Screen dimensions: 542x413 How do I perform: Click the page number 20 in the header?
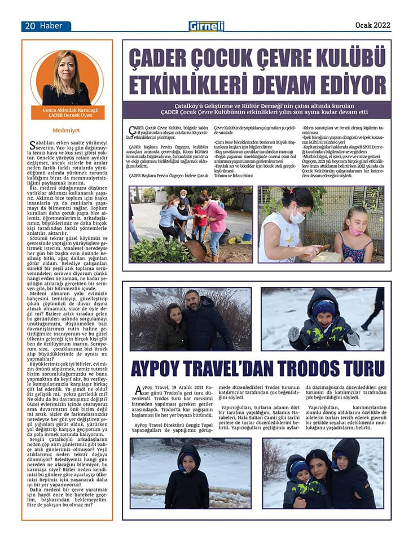click(x=29, y=26)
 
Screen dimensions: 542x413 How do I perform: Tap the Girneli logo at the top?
click(x=206, y=26)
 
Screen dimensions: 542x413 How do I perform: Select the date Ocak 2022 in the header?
click(x=372, y=25)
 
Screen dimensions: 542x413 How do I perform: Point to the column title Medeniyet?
click(x=67, y=129)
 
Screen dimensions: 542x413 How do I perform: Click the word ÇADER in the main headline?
click(x=164, y=59)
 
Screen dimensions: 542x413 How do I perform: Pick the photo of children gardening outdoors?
click(x=190, y=224)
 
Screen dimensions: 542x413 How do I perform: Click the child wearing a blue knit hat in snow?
click(x=324, y=321)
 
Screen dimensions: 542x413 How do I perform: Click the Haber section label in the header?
click(x=55, y=26)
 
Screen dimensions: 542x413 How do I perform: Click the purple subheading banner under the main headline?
click(x=256, y=109)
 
